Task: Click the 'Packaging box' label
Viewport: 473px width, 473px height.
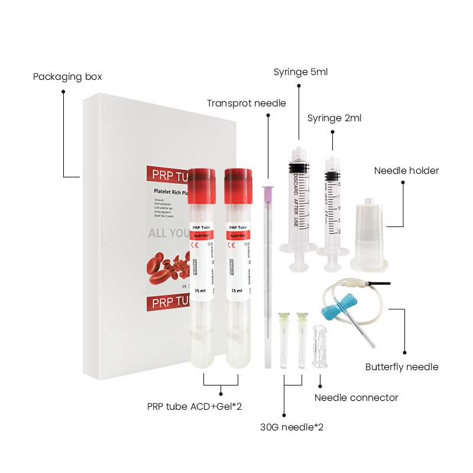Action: (67, 77)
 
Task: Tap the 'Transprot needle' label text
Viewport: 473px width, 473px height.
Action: (246, 103)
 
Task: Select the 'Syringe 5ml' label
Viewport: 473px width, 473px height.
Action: (300, 72)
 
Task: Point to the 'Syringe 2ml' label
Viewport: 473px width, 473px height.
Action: (334, 118)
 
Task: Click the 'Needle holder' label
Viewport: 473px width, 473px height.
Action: (406, 171)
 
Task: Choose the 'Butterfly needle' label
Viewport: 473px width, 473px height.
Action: (401, 367)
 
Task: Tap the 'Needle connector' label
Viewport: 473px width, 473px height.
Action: (356, 397)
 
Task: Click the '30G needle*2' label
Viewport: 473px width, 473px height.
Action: (291, 426)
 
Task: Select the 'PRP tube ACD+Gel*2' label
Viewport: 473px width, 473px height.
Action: (195, 407)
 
